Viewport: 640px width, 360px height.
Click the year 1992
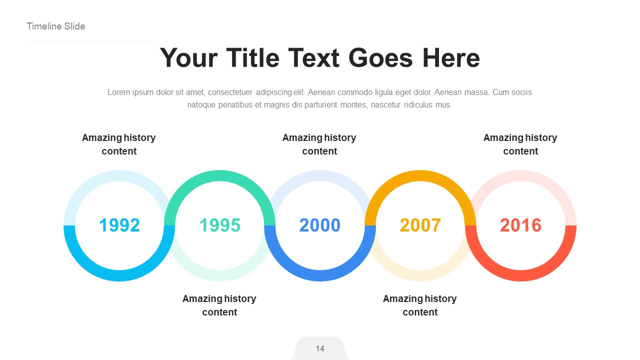119,225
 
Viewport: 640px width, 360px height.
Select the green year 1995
220,225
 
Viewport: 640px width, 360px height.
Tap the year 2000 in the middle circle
320,225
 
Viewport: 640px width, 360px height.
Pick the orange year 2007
420,225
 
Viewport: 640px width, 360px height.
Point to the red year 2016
520,225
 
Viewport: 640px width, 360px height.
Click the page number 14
320,348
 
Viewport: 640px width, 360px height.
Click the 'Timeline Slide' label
56,26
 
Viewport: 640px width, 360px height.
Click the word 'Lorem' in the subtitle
118,92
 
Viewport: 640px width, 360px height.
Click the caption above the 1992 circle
119,144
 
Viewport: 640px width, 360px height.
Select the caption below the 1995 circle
219,305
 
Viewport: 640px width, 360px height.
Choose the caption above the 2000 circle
319,144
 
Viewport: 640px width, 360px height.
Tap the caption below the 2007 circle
420,305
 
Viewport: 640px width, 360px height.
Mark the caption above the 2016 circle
520,144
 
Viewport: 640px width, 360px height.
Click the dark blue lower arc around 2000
320,275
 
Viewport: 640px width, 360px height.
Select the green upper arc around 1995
220,175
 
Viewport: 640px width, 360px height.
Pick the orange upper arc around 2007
420,175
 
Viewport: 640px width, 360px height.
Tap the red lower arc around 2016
520,275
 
